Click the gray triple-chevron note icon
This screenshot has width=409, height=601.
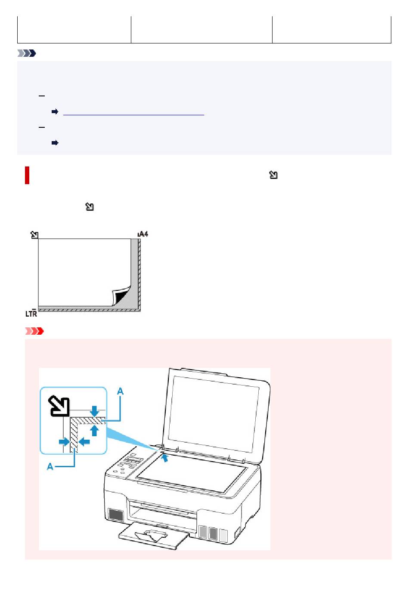pyautogui.click(x=27, y=53)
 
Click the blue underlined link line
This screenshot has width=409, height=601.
pyautogui.click(x=133, y=115)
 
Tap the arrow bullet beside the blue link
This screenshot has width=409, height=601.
pyautogui.click(x=55, y=111)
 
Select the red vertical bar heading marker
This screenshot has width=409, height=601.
pyautogui.click(x=27, y=175)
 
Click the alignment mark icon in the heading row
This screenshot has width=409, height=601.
pyautogui.click(x=273, y=175)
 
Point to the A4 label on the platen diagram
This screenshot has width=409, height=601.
pyautogui.click(x=143, y=234)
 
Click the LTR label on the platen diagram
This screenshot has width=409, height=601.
pyautogui.click(x=31, y=313)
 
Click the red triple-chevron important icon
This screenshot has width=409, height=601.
pyautogui.click(x=34, y=331)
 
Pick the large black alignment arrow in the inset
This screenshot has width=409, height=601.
pyautogui.click(x=59, y=406)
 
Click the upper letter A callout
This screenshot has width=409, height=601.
pyautogui.click(x=120, y=391)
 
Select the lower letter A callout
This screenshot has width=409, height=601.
pyautogui.click(x=50, y=467)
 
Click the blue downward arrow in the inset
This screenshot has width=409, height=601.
pyautogui.click(x=94, y=411)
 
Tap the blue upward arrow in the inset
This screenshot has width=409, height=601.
pyautogui.click(x=94, y=431)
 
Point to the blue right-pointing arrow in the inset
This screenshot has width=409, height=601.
pyautogui.click(x=64, y=441)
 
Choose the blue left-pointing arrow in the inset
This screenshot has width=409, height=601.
pyautogui.click(x=84, y=441)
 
